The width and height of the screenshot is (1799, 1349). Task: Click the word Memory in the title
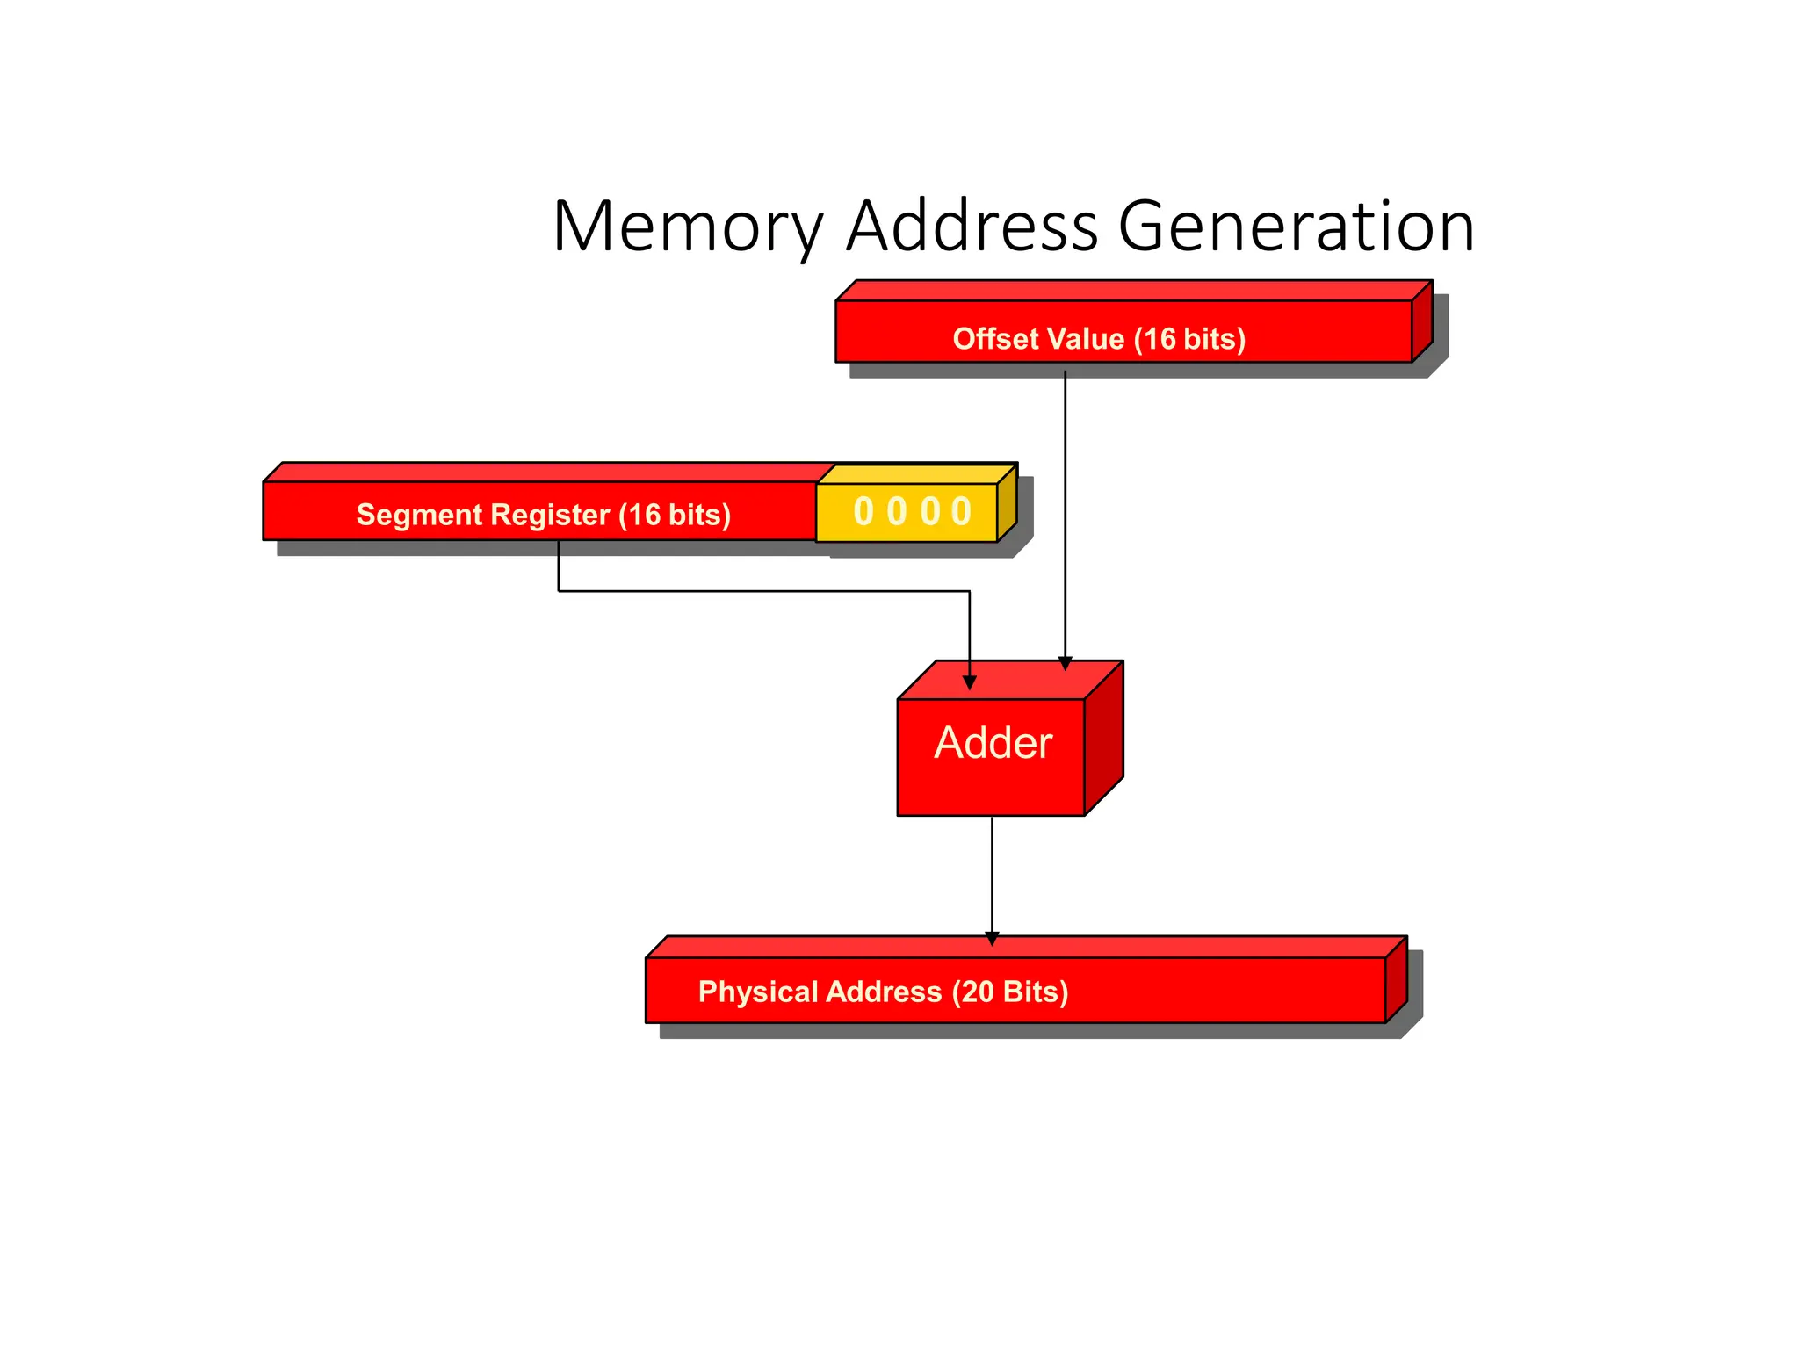(x=687, y=227)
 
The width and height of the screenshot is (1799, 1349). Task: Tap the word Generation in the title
(x=1296, y=227)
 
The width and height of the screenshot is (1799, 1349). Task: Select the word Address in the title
(x=971, y=227)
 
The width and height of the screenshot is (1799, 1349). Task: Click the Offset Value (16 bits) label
(x=1099, y=339)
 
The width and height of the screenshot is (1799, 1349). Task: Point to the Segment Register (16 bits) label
(x=543, y=515)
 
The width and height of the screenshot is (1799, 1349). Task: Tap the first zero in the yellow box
(x=863, y=511)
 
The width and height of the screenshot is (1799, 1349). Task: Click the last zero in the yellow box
(x=962, y=511)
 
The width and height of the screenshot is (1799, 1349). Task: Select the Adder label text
(x=993, y=743)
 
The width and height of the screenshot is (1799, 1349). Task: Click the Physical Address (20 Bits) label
(x=883, y=992)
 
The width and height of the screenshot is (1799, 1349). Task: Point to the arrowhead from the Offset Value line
(x=1065, y=663)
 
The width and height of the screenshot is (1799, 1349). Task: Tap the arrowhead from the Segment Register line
(x=970, y=682)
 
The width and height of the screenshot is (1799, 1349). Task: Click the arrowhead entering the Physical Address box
(x=992, y=939)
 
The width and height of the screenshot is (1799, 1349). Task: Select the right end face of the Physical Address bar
(x=1397, y=979)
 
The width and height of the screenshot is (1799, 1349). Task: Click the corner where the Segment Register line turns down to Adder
(x=970, y=591)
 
